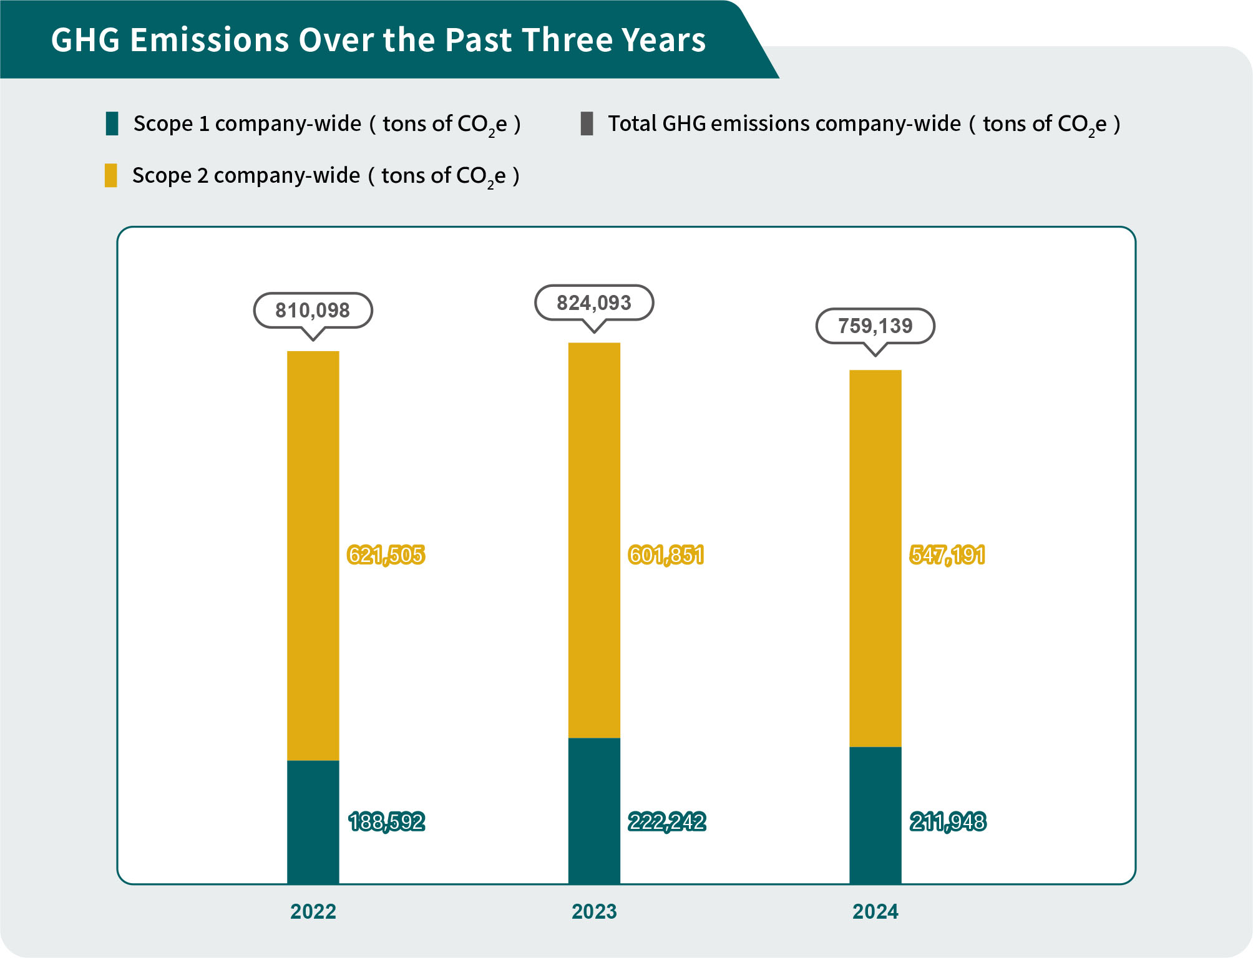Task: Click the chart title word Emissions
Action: (210, 40)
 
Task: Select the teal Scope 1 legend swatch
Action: (112, 123)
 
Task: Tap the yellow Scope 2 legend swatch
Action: (111, 175)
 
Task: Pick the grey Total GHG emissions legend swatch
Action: (587, 123)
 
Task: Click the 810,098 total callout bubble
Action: (313, 310)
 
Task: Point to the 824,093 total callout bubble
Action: (594, 303)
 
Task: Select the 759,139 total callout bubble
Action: (875, 326)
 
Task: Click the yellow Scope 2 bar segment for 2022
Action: (313, 555)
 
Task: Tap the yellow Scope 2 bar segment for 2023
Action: (594, 540)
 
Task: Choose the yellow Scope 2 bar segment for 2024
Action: (875, 558)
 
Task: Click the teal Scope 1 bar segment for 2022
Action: (313, 821)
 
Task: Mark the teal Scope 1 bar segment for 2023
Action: (594, 811)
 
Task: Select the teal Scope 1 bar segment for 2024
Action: (875, 815)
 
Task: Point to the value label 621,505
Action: (386, 554)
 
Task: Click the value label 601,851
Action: (666, 554)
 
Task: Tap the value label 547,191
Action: (948, 554)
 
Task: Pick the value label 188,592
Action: (387, 822)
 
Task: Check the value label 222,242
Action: (667, 822)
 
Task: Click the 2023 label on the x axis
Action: (594, 912)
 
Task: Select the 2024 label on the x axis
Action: (875, 912)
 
